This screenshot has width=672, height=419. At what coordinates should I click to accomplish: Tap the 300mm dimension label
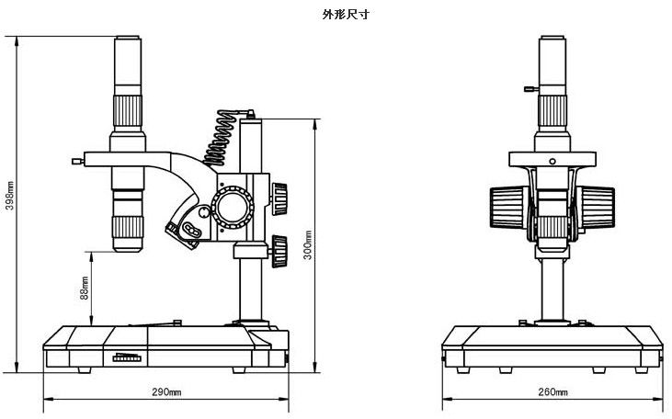click(309, 243)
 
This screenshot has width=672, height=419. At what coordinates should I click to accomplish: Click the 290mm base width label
click(166, 393)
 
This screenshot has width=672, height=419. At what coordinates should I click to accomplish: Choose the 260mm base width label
click(553, 393)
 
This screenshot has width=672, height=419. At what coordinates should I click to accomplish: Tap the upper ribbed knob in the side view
click(279, 196)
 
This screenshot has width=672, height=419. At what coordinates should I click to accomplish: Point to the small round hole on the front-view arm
click(552, 161)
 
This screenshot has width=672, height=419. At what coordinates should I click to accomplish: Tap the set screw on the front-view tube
click(528, 89)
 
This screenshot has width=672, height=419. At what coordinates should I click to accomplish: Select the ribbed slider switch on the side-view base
click(127, 357)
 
